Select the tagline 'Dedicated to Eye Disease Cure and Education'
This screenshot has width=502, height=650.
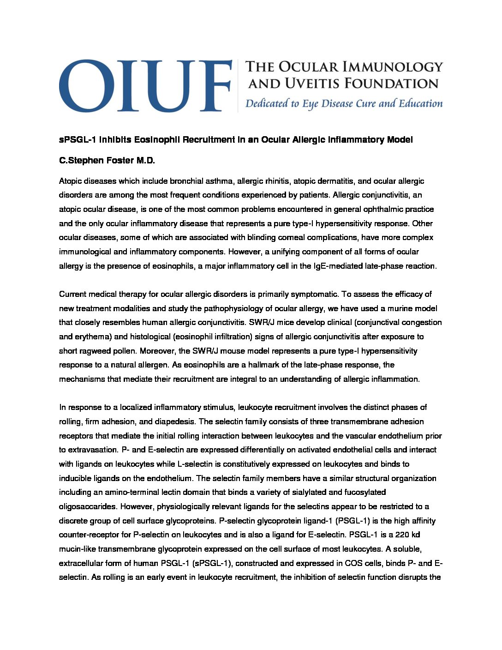(344, 103)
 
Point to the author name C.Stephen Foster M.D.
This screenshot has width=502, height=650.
(107, 161)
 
